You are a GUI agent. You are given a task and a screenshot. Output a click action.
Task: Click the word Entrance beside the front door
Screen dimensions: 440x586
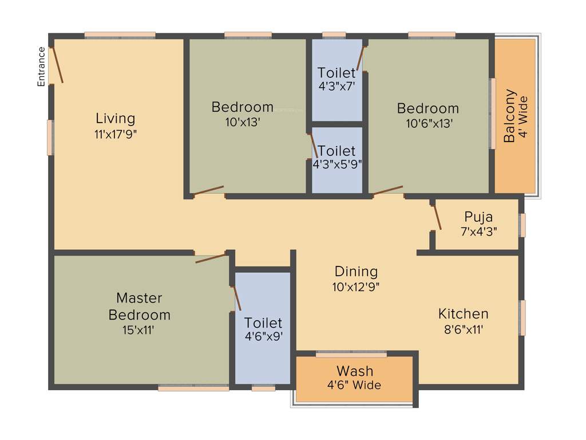41,66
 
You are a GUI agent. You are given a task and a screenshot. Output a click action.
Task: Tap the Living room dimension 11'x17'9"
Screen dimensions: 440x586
116,135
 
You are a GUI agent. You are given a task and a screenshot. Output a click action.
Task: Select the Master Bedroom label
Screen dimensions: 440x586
139,307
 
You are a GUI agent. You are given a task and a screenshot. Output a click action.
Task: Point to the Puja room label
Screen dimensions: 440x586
478,217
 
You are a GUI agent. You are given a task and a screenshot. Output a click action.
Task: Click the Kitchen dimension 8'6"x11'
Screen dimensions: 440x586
464,329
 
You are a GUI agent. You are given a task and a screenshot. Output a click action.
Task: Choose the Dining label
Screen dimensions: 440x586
356,271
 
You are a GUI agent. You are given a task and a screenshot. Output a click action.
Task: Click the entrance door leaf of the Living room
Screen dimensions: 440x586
57,65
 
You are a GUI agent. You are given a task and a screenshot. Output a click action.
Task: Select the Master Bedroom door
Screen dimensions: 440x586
211,258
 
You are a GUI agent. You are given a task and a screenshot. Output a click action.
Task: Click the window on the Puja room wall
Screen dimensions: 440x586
522,225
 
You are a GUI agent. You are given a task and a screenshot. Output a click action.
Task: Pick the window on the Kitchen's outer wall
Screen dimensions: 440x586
522,317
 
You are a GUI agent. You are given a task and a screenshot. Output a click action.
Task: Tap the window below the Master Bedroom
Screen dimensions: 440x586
193,388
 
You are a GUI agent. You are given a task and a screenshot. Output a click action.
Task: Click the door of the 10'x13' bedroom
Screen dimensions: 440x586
208,191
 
